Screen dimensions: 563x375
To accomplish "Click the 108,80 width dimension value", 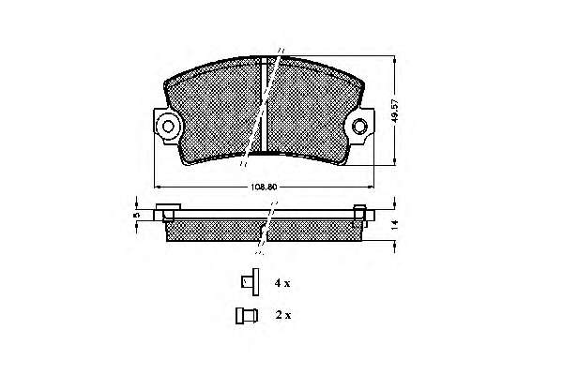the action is tap(264, 187).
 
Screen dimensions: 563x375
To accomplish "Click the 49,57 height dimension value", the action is tap(395, 111).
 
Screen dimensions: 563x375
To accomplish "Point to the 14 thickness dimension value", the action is tap(395, 225).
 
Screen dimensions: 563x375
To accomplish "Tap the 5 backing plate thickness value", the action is tap(136, 215).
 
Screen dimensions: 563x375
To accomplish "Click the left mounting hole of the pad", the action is tap(168, 126).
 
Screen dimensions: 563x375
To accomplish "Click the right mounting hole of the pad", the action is tap(359, 126).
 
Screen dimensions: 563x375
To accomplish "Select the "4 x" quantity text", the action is tap(282, 283).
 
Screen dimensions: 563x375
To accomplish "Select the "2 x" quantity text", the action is tap(283, 315).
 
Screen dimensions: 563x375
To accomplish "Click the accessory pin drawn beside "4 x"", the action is tap(251, 282).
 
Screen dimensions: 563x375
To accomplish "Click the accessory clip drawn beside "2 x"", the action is tap(247, 316).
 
